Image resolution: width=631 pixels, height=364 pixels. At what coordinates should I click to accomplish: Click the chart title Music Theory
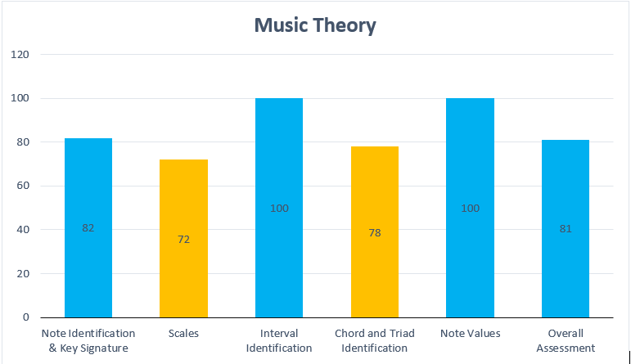(315, 25)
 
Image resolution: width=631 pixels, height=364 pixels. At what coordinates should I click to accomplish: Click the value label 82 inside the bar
(88, 228)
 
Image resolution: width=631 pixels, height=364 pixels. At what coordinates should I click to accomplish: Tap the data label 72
(183, 240)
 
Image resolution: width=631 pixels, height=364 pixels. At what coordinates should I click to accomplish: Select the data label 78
(375, 233)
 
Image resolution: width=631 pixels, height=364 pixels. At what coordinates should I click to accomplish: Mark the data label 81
(566, 229)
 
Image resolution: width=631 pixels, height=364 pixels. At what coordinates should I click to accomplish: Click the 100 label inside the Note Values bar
(470, 209)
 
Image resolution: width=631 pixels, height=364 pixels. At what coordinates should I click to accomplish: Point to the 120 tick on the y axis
(20, 55)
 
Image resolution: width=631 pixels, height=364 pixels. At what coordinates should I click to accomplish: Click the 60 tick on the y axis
(23, 186)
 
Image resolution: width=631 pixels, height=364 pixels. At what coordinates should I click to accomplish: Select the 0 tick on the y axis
(26, 317)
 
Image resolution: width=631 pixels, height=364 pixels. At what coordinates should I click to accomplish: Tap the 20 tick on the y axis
(23, 273)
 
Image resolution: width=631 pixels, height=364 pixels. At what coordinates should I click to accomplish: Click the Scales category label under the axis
(183, 334)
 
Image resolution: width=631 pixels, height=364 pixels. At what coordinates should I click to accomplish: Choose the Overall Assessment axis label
(566, 341)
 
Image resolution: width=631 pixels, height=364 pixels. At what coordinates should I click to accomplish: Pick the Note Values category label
(470, 334)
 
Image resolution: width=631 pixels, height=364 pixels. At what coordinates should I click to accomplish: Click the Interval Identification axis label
(279, 341)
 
